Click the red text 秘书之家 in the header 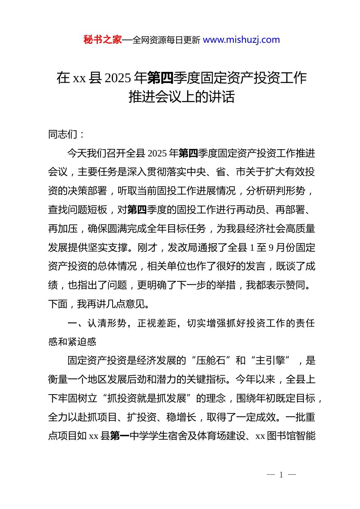[x=102, y=40]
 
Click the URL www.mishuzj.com [x=241, y=40]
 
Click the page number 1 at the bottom [x=281, y=475]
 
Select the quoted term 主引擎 [x=270, y=361]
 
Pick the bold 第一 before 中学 [x=119, y=436]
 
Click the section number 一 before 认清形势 [x=72, y=323]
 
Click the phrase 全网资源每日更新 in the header [x=166, y=40]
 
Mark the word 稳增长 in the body [x=181, y=417]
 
